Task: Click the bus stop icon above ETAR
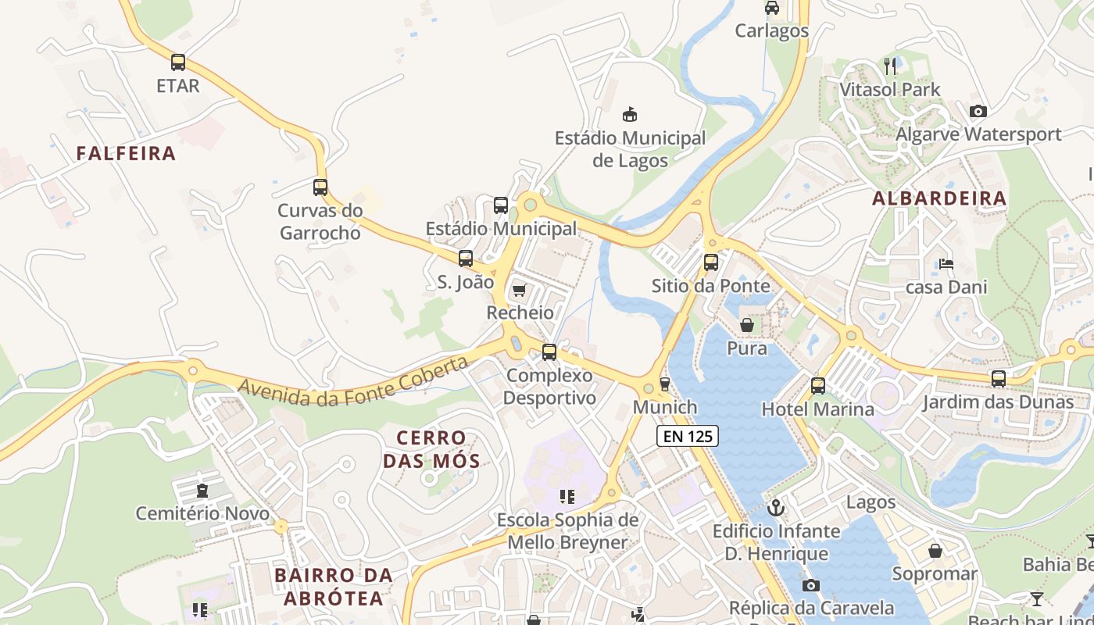[x=178, y=62]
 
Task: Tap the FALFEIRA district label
[x=126, y=153]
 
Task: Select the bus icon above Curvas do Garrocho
[x=320, y=187]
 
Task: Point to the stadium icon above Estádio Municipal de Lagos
[x=629, y=115]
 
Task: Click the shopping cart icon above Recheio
[x=519, y=291]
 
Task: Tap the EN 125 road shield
[x=687, y=436]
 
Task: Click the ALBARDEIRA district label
[x=939, y=198]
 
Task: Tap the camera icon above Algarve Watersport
[x=978, y=112]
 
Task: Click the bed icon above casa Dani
[x=946, y=264]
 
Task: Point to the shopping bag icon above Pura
[x=747, y=325]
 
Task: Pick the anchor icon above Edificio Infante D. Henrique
[x=776, y=508]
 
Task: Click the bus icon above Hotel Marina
[x=818, y=386]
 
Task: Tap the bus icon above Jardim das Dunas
[x=999, y=379]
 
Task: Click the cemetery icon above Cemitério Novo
[x=203, y=491]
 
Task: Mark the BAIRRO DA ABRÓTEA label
[x=334, y=587]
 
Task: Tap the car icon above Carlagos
[x=772, y=8]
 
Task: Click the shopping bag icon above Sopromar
[x=935, y=551]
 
